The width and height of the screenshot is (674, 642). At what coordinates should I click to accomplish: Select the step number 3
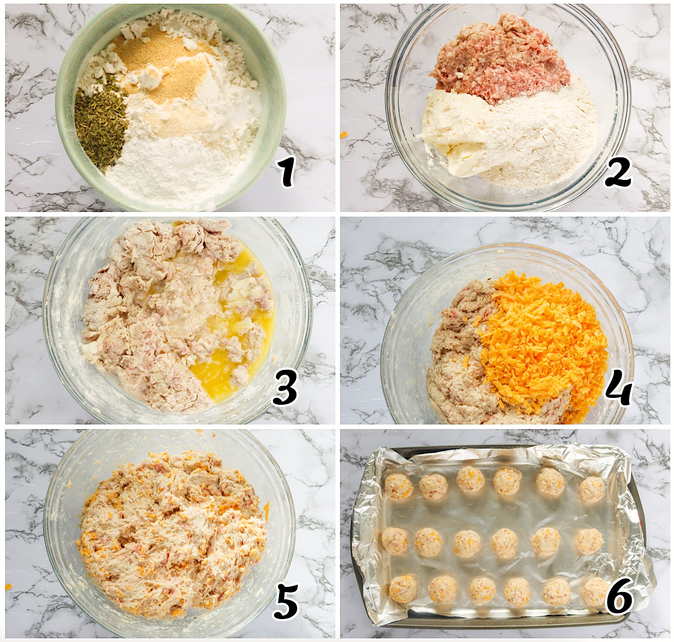tap(285, 388)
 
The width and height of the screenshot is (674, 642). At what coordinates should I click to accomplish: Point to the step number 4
tap(618, 390)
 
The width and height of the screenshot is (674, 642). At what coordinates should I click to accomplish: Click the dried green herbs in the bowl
tap(100, 122)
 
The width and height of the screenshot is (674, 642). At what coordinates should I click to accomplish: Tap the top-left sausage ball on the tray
tap(398, 486)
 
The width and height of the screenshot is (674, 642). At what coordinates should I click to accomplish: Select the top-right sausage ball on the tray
tap(592, 490)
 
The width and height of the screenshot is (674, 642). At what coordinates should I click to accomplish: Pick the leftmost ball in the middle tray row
tap(395, 541)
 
